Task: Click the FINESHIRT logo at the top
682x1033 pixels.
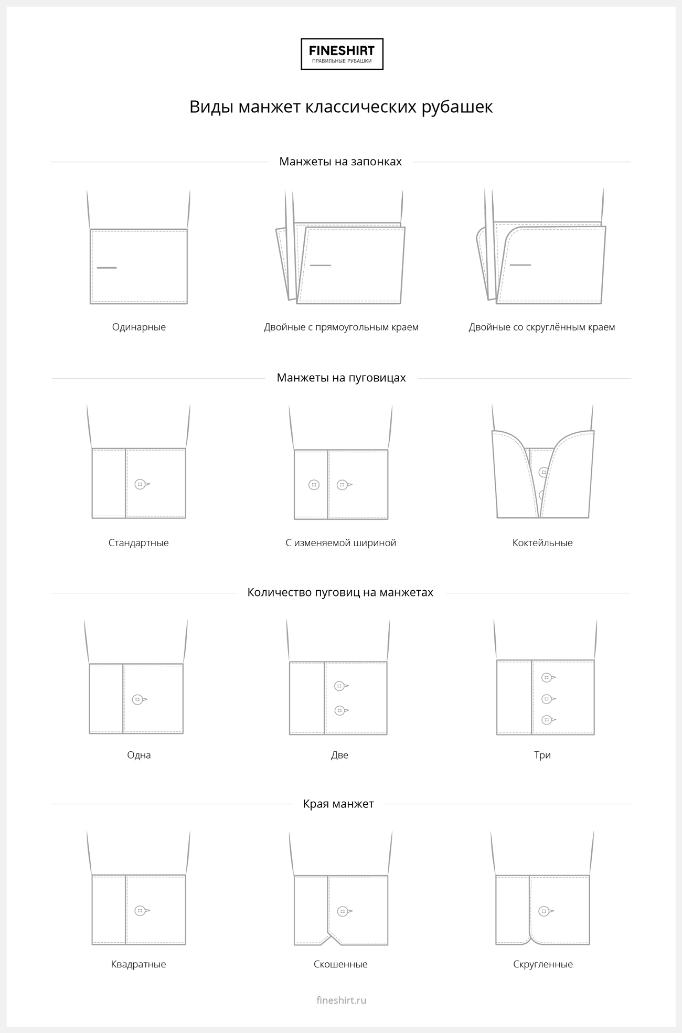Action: (x=342, y=54)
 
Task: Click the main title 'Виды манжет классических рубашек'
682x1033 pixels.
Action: (x=341, y=107)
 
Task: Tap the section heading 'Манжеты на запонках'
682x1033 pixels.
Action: (x=340, y=162)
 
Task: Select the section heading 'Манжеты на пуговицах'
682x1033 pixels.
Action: (x=341, y=378)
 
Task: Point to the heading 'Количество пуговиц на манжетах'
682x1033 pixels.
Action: (x=340, y=593)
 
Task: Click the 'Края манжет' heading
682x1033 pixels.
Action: (x=338, y=804)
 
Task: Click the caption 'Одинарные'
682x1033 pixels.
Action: (x=139, y=327)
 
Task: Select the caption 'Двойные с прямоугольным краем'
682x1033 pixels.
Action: (x=341, y=327)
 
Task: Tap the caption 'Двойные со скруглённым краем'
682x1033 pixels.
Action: (x=542, y=327)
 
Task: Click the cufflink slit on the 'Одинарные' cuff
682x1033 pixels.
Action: (x=107, y=268)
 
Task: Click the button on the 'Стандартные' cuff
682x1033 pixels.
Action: (x=140, y=484)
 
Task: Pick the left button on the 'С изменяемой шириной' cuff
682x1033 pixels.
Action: (x=314, y=485)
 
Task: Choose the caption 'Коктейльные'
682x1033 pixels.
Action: (x=542, y=543)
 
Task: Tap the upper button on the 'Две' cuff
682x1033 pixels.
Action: (x=339, y=686)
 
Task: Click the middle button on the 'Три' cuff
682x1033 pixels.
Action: (x=547, y=699)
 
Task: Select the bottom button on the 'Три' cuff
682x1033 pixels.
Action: (x=547, y=720)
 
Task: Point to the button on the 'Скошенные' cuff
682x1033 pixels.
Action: (x=342, y=911)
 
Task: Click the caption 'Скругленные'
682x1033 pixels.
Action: (x=543, y=964)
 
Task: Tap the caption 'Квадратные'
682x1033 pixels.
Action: (x=138, y=964)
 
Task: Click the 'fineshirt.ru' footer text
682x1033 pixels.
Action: (x=342, y=1000)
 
